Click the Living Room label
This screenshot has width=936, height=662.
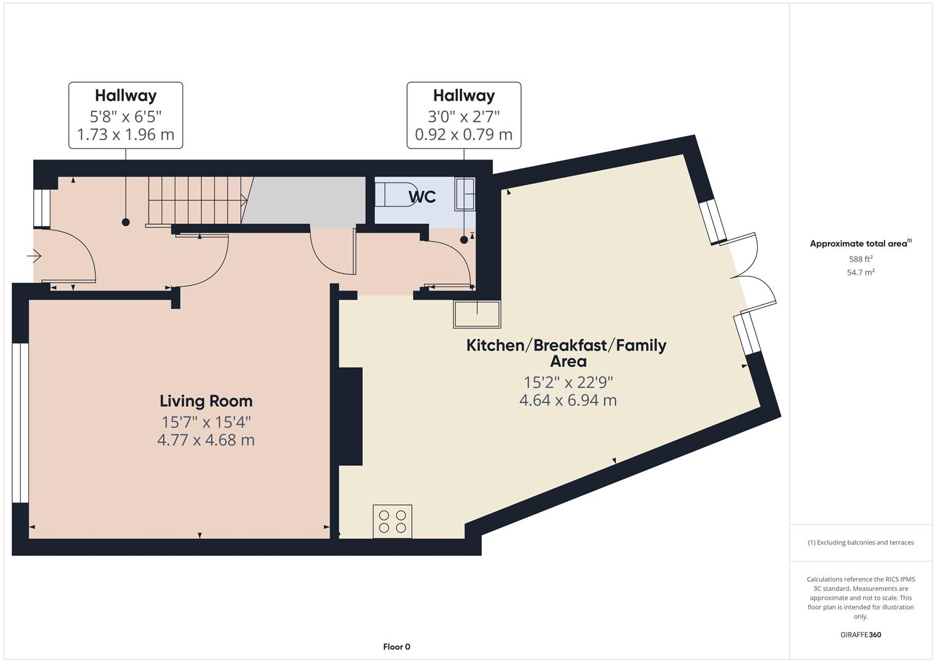206,401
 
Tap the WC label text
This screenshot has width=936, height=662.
422,197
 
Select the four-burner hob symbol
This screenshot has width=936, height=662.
392,521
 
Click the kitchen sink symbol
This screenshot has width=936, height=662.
476,314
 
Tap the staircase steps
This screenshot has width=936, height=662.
196,200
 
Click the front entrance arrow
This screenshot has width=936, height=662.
34,256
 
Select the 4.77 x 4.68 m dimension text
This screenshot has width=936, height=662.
206,440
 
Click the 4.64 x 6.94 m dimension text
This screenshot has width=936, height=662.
568,400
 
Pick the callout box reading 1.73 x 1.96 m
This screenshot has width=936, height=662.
126,115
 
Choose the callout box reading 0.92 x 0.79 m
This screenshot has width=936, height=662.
464,115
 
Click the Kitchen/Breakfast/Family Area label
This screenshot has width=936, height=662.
566,352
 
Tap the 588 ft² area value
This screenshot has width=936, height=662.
861,259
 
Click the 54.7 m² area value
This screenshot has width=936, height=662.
861,273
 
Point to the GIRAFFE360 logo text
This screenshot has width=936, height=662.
861,634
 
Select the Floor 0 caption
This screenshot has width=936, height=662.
397,647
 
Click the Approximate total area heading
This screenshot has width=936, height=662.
860,243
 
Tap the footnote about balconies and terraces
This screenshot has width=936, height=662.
861,542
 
